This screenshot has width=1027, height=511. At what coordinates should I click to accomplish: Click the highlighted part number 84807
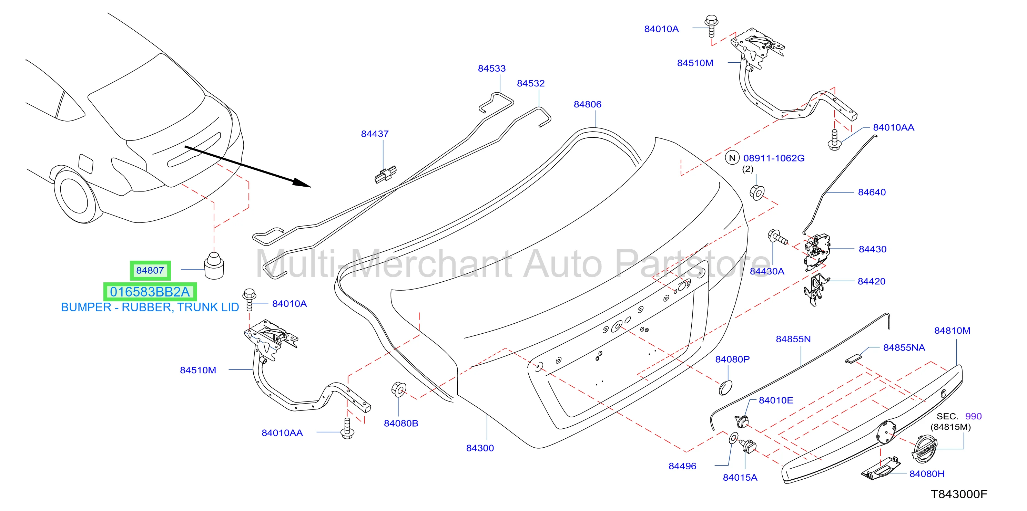coord(150,270)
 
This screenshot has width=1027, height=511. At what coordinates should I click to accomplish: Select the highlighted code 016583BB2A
coord(150,292)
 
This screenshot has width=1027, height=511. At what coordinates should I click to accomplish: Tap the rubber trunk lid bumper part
coord(214,265)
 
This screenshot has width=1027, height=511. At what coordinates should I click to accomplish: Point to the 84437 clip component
coord(386,175)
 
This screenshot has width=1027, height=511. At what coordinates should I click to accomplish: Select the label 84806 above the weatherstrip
coord(587,104)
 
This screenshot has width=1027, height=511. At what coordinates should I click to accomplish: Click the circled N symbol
coord(732,158)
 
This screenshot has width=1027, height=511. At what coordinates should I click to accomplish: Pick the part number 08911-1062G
coord(774,158)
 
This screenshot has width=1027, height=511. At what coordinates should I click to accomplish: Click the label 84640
coord(872,192)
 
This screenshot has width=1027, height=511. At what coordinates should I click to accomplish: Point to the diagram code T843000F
coord(959,494)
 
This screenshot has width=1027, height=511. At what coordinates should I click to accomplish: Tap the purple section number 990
coord(973,416)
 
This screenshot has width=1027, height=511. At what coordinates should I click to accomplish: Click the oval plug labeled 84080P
coord(725,388)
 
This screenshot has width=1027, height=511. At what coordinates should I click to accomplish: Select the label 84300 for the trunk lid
coord(480,448)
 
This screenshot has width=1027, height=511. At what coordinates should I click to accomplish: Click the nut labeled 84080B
coord(399,389)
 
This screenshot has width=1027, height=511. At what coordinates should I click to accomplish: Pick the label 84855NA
coord(904,348)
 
